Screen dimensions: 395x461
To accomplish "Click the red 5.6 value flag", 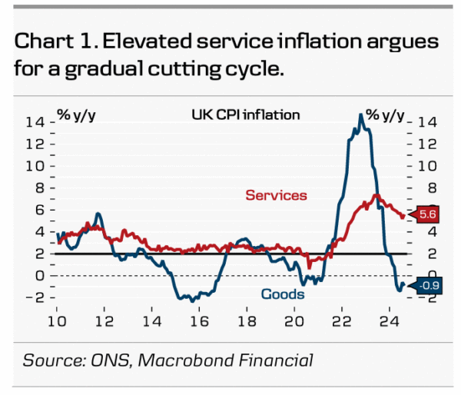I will pyautogui.click(x=427, y=215).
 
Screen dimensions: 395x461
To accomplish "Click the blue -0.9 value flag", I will pyautogui.click(x=428, y=287).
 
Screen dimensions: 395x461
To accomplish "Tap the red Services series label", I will pyautogui.click(x=276, y=195).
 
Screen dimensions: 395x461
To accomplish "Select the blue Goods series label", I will pyautogui.click(x=283, y=294).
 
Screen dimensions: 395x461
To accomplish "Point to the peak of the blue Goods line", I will pyautogui.click(x=361, y=115).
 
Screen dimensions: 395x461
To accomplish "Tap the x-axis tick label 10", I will pyautogui.click(x=58, y=320).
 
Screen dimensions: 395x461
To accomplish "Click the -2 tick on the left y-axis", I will pyautogui.click(x=35, y=297).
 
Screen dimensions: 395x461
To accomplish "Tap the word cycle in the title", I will pyautogui.click(x=257, y=69).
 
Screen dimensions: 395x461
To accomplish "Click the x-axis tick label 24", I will pyautogui.click(x=387, y=320).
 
